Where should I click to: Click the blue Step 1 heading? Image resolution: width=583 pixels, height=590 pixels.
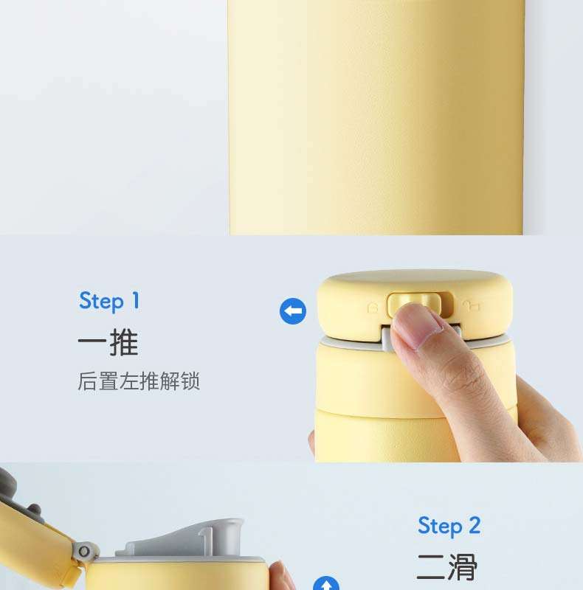click(x=109, y=301)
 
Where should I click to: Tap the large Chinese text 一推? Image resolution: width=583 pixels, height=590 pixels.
click(x=108, y=343)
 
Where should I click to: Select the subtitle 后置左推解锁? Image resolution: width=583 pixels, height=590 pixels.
click(x=139, y=381)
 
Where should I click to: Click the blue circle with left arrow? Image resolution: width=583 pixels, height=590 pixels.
click(x=293, y=311)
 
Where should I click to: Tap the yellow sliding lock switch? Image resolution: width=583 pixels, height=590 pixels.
click(x=413, y=303)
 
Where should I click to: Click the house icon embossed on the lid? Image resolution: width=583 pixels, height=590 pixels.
click(x=373, y=308)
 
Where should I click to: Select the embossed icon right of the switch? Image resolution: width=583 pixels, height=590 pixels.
click(x=472, y=305)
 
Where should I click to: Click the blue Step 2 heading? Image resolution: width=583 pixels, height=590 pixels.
click(x=449, y=526)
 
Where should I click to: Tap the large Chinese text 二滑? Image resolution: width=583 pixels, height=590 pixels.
click(x=447, y=567)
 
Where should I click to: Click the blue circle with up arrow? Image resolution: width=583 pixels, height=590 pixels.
click(x=326, y=583)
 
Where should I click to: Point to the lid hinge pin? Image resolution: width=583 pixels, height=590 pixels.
click(x=84, y=552)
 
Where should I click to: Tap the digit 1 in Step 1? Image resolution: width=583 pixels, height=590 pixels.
click(x=136, y=301)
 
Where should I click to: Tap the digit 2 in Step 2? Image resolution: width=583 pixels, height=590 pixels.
click(x=475, y=525)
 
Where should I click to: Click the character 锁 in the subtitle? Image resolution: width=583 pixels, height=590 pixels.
click(x=190, y=381)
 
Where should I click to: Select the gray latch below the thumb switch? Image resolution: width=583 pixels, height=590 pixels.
click(x=388, y=337)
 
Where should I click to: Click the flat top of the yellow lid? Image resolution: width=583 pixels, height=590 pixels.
click(x=414, y=279)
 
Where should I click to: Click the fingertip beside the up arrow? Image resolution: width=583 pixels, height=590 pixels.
click(x=280, y=575)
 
